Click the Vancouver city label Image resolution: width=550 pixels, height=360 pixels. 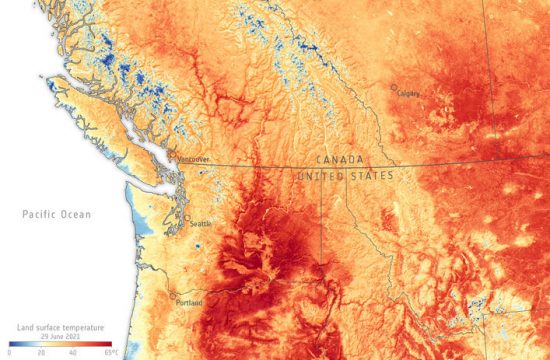[x=192, y=158]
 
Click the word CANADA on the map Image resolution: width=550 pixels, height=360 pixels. [x=340, y=160]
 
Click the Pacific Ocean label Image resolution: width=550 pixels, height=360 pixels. [x=58, y=214]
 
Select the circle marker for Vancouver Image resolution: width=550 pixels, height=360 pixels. [x=171, y=155]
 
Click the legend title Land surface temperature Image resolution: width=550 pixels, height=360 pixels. [x=61, y=326]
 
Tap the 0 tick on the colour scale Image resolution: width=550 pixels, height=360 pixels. [x=9, y=352]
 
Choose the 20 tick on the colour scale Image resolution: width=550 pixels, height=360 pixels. [x=41, y=352]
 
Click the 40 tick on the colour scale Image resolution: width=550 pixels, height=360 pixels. [x=73, y=352]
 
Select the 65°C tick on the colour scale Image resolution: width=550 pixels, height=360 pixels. [x=110, y=352]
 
